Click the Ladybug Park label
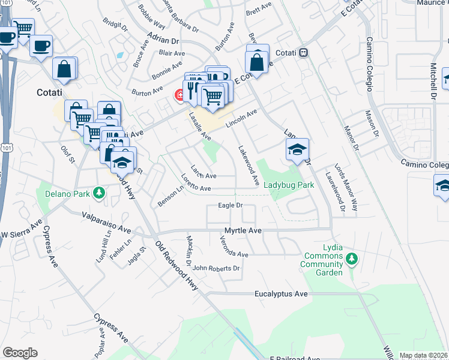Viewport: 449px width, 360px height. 289,185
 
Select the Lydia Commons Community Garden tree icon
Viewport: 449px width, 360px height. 352,259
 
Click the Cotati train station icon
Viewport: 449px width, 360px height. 304,52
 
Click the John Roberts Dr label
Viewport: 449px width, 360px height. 216,268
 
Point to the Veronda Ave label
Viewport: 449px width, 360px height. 234,254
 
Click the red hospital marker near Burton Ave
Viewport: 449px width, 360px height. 179,95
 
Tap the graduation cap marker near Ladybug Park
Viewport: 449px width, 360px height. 297,150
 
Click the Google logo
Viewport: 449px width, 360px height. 20,353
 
